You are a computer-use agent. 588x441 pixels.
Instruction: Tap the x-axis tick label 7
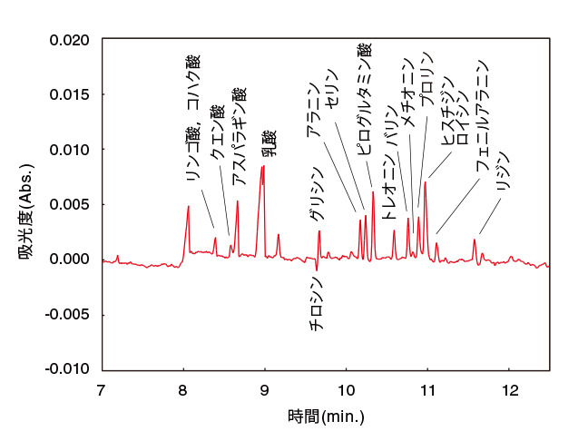102,390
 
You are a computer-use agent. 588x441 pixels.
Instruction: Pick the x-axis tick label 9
264,390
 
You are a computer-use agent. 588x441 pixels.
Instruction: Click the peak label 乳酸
269,144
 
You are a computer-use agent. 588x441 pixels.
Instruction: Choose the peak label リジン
505,171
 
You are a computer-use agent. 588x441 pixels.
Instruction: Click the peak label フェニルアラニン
483,118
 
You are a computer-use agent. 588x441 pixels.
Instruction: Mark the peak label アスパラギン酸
239,137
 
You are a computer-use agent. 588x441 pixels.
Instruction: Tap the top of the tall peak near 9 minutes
263,166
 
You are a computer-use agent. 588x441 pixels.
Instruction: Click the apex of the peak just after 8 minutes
188,206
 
